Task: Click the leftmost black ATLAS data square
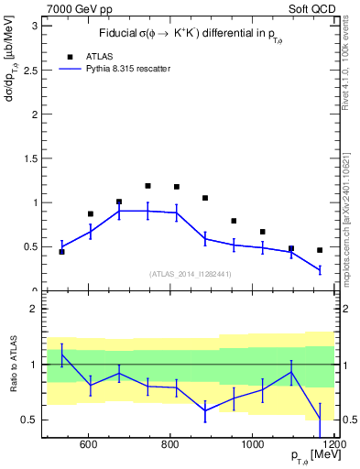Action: click(x=61, y=251)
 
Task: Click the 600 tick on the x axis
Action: click(x=88, y=445)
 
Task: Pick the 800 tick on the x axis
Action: click(x=170, y=445)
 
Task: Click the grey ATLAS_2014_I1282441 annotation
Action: click(x=190, y=273)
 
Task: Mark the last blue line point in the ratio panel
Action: click(x=320, y=420)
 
